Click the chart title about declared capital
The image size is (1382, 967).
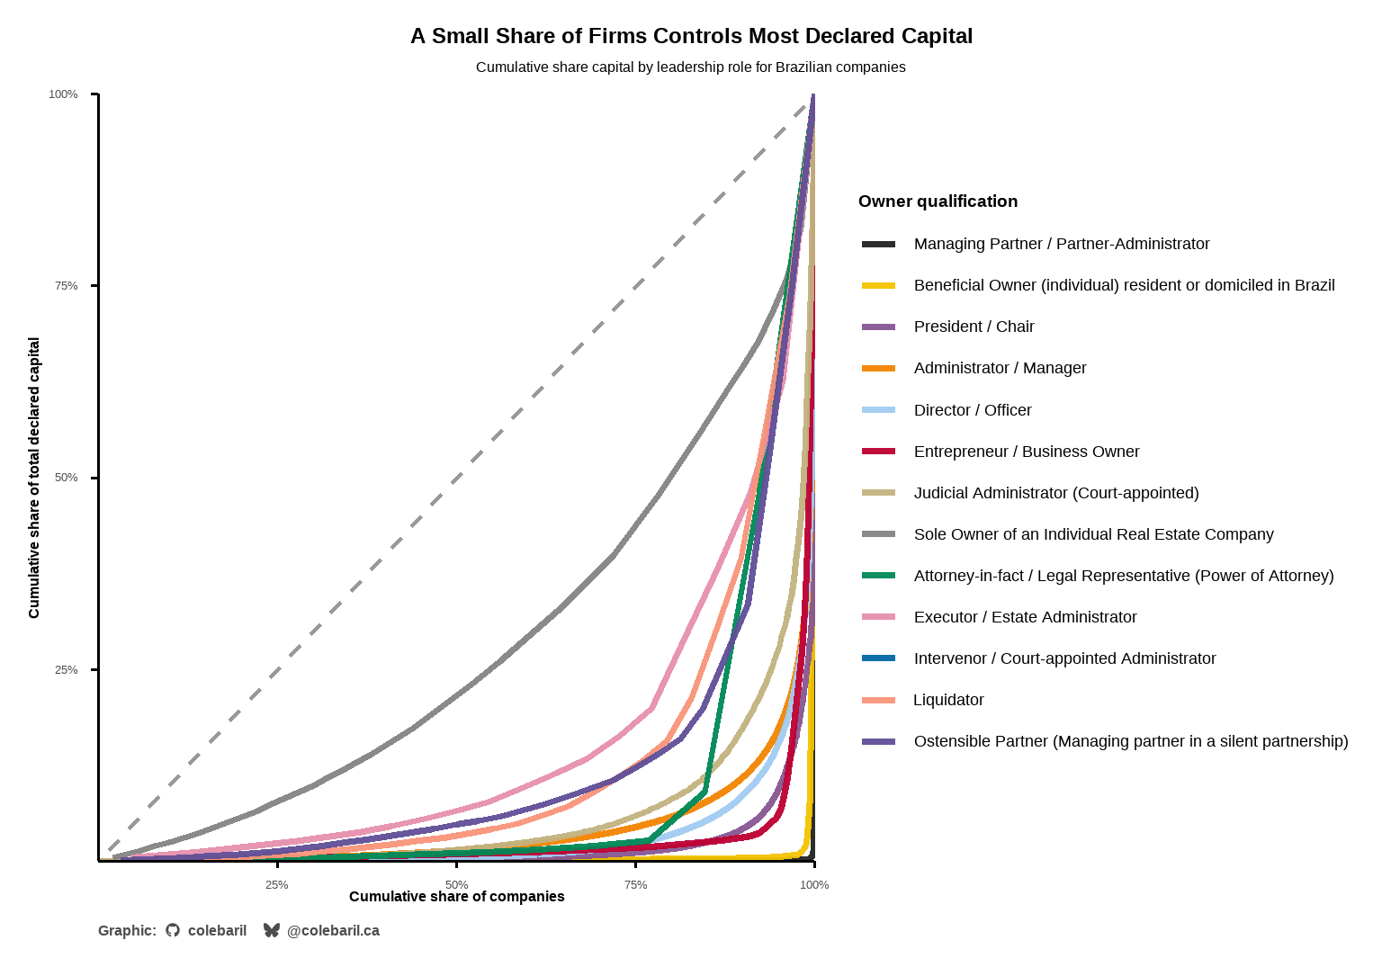click(x=691, y=36)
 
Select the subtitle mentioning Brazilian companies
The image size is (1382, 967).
click(x=691, y=67)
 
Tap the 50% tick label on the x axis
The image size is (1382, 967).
click(x=456, y=885)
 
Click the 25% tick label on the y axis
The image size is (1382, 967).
click(x=66, y=670)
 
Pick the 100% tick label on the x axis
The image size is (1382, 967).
click(x=814, y=885)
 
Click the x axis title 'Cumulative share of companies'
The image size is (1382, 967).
click(x=456, y=897)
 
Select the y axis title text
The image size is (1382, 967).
click(x=34, y=478)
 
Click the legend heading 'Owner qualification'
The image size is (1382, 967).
click(x=938, y=201)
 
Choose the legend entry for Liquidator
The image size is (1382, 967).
click(x=948, y=700)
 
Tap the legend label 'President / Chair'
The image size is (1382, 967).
click(x=974, y=327)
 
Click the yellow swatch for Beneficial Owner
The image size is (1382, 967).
click(x=878, y=286)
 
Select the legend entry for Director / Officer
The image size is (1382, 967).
click(x=972, y=410)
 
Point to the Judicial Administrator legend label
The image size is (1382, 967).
click(x=1056, y=493)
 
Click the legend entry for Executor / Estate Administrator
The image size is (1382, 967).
click(x=1025, y=617)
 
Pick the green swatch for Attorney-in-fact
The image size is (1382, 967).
click(x=878, y=576)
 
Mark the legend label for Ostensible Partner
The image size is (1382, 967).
click(x=1131, y=741)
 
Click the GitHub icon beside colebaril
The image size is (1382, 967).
click(x=173, y=930)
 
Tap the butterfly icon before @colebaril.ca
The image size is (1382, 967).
click(x=271, y=930)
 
